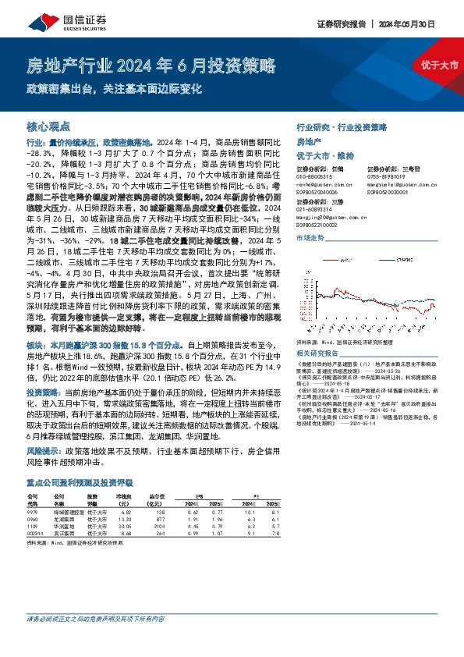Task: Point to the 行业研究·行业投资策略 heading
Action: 342,126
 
